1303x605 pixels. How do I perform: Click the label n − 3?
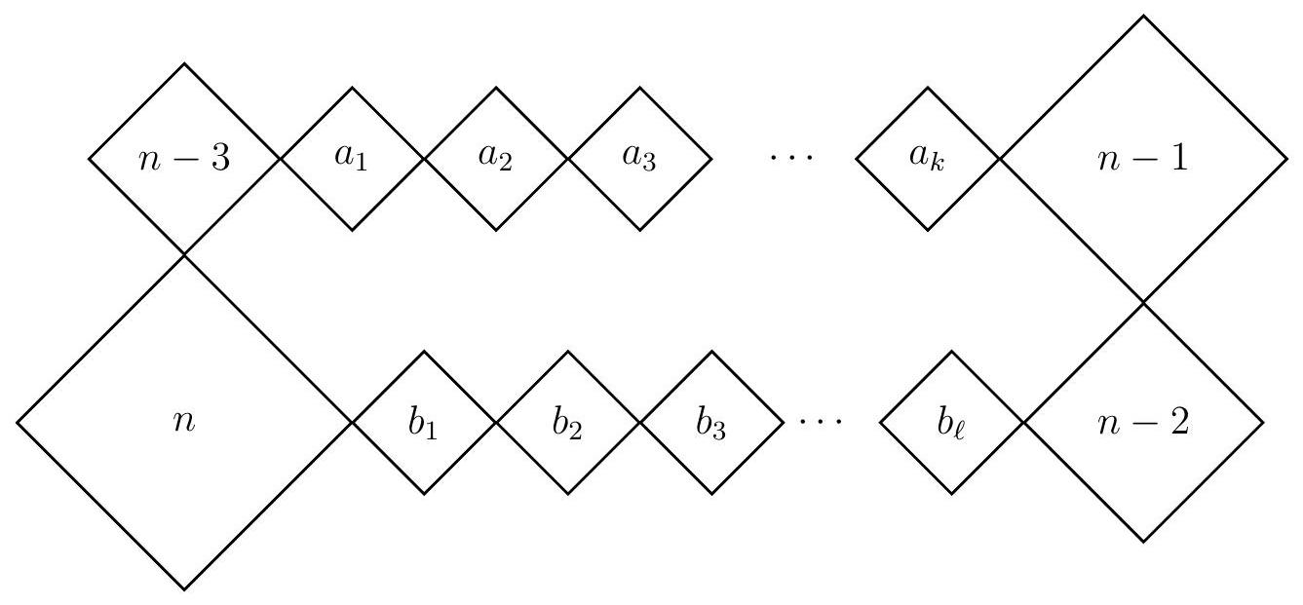tap(184, 159)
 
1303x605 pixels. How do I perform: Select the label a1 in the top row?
tap(352, 159)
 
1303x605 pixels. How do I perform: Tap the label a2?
tap(495, 159)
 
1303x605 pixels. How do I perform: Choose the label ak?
tap(927, 159)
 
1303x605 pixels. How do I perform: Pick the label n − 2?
tap(1142, 425)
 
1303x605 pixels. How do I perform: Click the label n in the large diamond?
tap(184, 425)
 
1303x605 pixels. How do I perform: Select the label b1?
tap(423, 425)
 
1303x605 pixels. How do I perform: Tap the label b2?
tap(567, 425)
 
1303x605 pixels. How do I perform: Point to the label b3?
tap(710, 425)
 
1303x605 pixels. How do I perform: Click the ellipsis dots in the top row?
tap(784, 159)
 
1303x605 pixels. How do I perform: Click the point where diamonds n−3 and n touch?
tap(184, 255)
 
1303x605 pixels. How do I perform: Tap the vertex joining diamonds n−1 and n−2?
tap(1142, 303)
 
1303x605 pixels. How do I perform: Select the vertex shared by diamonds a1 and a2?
tap(424, 159)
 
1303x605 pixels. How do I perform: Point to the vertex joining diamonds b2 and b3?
tap(639, 423)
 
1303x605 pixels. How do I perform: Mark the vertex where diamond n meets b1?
tap(352, 423)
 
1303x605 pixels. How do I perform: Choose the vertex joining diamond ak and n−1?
tap(999, 159)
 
